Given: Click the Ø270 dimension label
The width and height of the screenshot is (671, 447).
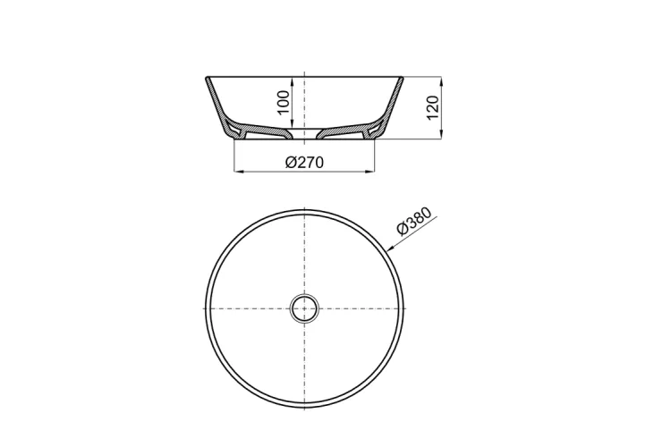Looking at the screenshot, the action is click(x=304, y=162).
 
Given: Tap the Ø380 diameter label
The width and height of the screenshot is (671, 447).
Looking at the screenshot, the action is click(x=414, y=221).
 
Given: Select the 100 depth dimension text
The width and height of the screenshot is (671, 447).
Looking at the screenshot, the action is click(x=284, y=102).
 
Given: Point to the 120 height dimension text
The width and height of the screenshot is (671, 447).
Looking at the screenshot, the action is click(x=434, y=108).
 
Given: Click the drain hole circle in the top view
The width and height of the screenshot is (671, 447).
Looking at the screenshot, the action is click(x=304, y=308).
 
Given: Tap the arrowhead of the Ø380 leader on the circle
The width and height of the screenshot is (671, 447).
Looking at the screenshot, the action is click(x=390, y=248).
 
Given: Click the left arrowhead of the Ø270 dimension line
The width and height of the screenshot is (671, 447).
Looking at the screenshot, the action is click(x=238, y=172).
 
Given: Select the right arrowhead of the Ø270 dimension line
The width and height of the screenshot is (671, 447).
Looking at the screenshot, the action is click(x=369, y=172).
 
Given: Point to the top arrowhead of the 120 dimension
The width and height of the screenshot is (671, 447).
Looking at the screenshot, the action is click(x=441, y=81).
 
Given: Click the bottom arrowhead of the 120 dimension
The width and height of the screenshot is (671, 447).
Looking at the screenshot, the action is click(x=441, y=134).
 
